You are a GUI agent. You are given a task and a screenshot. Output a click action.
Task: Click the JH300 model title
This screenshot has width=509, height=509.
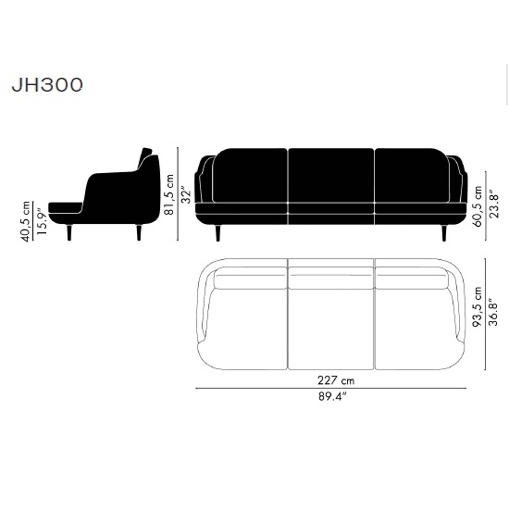pyautogui.click(x=47, y=85)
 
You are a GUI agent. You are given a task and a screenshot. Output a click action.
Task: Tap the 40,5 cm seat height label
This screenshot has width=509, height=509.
pyautogui.click(x=26, y=222)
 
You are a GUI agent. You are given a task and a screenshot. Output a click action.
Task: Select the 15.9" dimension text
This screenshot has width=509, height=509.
pyautogui.click(x=42, y=221)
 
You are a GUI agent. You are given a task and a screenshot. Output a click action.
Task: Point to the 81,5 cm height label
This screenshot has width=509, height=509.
pyautogui.click(x=169, y=194)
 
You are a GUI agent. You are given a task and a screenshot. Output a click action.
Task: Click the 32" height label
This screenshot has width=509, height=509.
pyautogui.click(x=186, y=194)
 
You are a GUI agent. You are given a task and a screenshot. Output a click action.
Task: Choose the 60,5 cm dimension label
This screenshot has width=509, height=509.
pyautogui.click(x=478, y=206)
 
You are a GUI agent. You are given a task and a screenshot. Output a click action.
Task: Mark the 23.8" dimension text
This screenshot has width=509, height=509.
pyautogui.click(x=494, y=205)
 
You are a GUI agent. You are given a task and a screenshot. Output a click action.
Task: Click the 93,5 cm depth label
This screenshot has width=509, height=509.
pyautogui.click(x=478, y=306)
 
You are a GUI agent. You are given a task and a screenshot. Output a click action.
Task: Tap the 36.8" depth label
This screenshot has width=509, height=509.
pyautogui.click(x=493, y=312)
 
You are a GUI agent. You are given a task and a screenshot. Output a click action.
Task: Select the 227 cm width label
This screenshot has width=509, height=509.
pyautogui.click(x=336, y=380)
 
